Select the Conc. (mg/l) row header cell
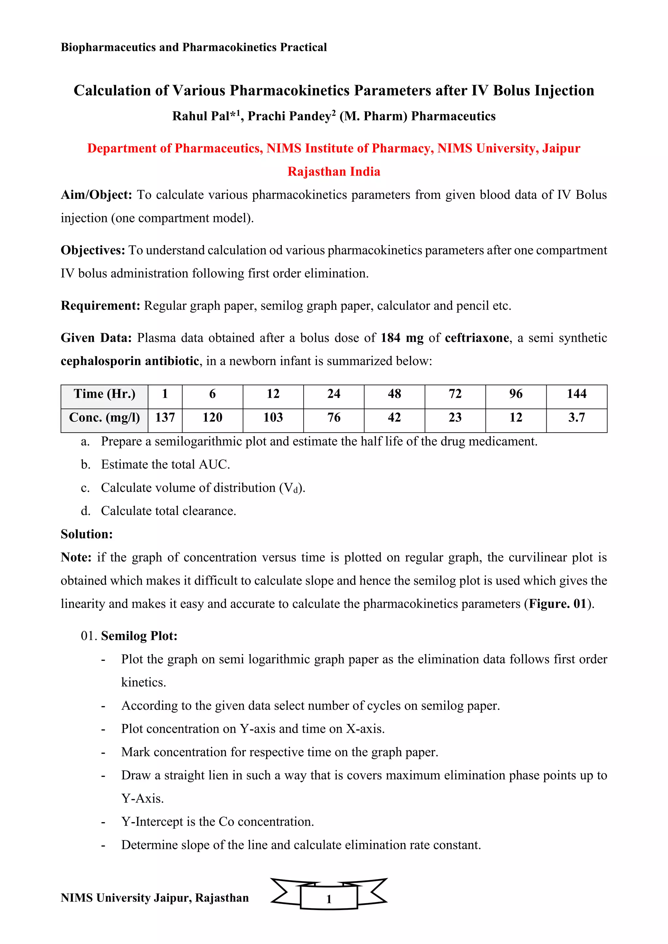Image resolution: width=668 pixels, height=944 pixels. tap(104, 418)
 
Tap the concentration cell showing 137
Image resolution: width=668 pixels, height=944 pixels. tap(165, 418)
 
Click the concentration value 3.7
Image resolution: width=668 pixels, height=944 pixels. tap(576, 418)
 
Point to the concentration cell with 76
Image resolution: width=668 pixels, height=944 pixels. tap(334, 418)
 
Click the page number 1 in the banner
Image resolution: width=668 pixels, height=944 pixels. tap(329, 899)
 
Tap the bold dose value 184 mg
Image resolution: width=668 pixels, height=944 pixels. tap(402, 338)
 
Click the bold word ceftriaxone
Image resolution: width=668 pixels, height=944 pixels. tap(477, 338)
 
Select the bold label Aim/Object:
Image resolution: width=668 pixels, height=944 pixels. tap(96, 195)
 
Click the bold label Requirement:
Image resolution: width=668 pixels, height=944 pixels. tap(101, 306)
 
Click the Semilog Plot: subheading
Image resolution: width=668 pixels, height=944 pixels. tap(139, 636)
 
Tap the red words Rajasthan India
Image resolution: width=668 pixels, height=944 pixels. tap(334, 171)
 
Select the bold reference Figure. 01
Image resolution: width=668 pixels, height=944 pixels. tap(557, 604)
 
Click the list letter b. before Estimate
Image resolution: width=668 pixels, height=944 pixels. tap(85, 465)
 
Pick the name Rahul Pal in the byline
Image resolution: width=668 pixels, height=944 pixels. tap(200, 116)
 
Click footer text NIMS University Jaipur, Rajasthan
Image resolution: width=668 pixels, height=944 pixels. tap(155, 898)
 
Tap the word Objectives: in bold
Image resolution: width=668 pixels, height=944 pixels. tap(93, 250)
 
